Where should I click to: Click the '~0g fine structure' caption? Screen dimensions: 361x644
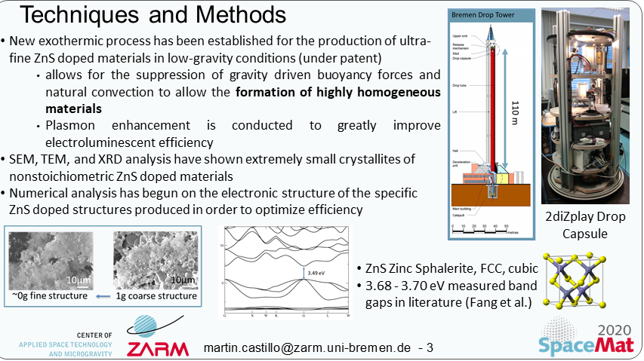[x=42, y=296]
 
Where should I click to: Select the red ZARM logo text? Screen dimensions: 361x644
[x=153, y=350]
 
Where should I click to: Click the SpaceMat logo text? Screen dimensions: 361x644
[x=586, y=345]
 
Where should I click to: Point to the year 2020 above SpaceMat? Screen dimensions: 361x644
[x=615, y=330]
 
